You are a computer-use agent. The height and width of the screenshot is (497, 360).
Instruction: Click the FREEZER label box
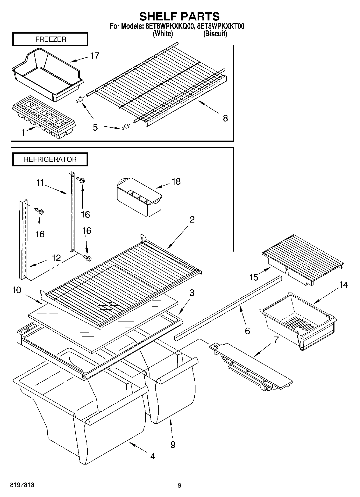(50, 39)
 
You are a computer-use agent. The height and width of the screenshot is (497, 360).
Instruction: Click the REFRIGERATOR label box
(50, 159)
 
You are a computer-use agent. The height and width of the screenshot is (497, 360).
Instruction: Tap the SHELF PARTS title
(179, 16)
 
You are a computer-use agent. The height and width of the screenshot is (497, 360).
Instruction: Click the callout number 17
(94, 56)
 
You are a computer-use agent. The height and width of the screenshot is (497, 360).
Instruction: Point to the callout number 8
(225, 118)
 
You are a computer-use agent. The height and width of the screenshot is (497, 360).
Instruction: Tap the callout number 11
(40, 183)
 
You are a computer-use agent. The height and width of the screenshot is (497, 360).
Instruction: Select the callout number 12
(56, 258)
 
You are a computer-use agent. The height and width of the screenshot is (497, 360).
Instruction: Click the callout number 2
(192, 220)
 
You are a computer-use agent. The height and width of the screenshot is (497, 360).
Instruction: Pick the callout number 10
(17, 290)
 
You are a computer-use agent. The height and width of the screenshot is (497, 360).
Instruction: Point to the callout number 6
(247, 330)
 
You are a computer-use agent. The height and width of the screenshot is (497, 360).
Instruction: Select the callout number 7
(276, 339)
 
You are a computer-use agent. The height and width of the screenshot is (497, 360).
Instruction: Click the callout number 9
(173, 445)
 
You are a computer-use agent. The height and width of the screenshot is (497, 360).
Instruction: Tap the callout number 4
(152, 456)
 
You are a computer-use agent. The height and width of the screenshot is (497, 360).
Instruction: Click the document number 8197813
(22, 485)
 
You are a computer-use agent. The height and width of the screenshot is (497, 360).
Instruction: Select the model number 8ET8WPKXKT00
(221, 26)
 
